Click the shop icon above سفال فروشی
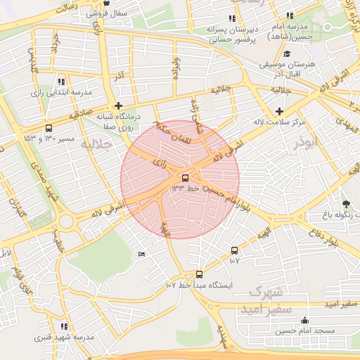(x=105, y=3)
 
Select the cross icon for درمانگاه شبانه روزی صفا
(x=127, y=105)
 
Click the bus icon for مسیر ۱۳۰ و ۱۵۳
(x=49, y=128)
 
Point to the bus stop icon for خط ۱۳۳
(x=185, y=179)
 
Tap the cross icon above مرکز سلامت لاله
(x=280, y=111)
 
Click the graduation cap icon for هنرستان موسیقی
(x=286, y=54)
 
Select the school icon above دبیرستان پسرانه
(x=232, y=18)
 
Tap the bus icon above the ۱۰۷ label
(x=234, y=250)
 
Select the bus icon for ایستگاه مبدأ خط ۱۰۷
(x=199, y=274)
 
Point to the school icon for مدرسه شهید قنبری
(x=65, y=326)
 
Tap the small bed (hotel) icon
(x=142, y=254)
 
